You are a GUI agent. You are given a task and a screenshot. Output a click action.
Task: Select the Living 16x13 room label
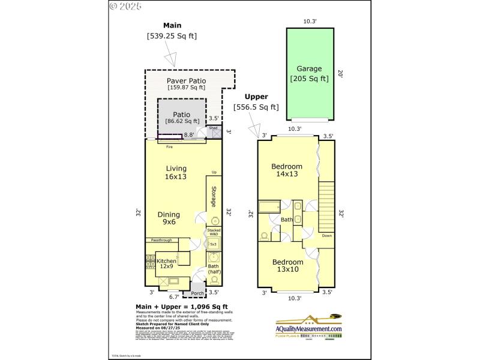176,172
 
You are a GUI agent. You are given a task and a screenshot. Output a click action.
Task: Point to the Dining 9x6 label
169,218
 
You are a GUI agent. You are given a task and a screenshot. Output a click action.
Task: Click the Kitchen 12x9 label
166,263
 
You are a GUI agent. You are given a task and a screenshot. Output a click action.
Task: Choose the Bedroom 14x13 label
286,170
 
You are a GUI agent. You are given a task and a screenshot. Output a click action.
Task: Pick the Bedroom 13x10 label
288,266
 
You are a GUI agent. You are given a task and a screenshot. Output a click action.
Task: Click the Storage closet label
213,197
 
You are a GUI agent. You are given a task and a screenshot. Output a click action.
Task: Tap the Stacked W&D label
214,232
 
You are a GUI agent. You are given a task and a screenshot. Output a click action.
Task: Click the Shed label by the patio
213,128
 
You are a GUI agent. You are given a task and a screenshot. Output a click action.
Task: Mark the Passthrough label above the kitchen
161,240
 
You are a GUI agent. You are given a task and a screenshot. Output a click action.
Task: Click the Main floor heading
172,25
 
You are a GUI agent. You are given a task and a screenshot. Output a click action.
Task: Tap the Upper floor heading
256,97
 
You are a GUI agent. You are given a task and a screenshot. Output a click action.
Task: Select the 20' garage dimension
340,74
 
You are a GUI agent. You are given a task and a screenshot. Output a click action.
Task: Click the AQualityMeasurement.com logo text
309,329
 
